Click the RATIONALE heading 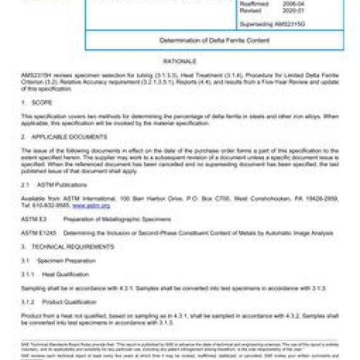(180, 61)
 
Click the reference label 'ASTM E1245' (34, 233)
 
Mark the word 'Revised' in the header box (250, 10)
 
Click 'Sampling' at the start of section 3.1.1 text (32, 288)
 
